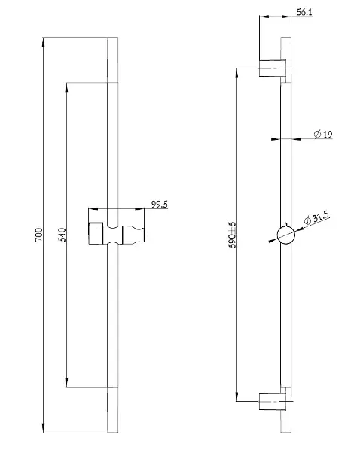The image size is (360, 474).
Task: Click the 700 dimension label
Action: coord(39,235)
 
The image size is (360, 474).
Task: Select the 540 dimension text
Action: coord(62,235)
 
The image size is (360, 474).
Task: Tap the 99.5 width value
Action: coord(160,205)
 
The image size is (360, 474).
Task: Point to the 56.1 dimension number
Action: coord(304,12)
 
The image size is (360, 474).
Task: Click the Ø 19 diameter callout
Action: coord(323,134)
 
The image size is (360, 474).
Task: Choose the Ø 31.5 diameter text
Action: coord(316,218)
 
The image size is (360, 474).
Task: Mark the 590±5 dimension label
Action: coord(232,235)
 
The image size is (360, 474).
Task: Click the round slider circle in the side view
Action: coord(286,235)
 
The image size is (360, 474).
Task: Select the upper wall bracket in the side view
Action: coord(273,68)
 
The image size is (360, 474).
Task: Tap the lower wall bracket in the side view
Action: coord(273,402)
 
